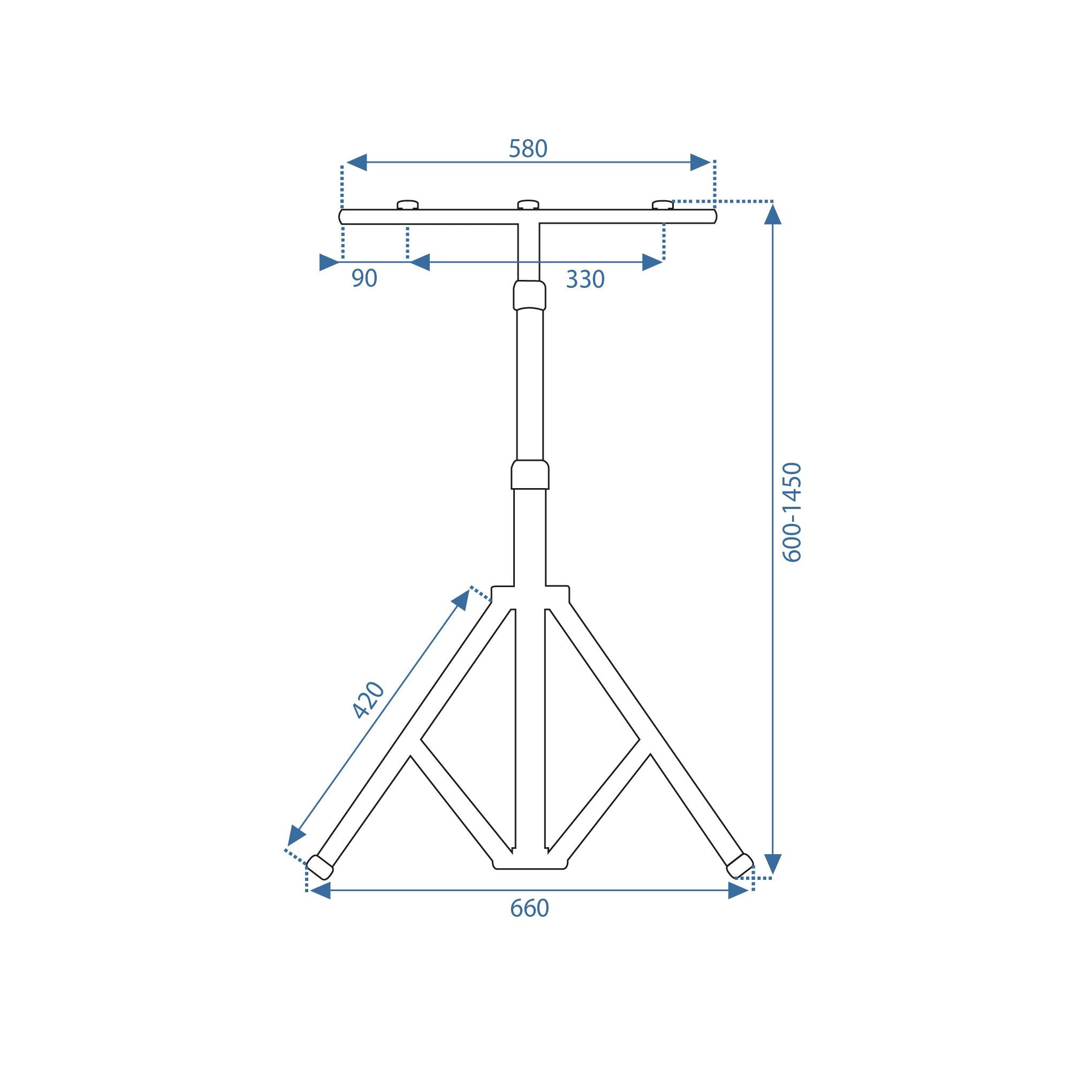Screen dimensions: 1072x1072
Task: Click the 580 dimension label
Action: tap(528, 149)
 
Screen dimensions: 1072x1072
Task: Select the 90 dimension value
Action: tap(364, 278)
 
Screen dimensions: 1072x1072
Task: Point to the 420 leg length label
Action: tap(368, 700)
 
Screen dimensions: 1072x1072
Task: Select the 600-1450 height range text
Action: tap(792, 513)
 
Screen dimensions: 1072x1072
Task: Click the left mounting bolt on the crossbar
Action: tap(407, 206)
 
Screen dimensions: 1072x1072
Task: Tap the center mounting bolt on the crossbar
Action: tap(528, 205)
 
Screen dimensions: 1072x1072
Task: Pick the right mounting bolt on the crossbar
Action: tap(663, 205)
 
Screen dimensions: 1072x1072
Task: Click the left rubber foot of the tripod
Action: tap(320, 866)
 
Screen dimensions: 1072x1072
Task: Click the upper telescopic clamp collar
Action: tap(529, 295)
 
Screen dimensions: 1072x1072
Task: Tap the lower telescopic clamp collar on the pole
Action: tap(530, 474)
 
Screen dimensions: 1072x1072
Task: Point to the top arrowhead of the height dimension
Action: tap(772, 214)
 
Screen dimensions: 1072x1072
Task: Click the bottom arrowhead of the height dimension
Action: tap(772, 863)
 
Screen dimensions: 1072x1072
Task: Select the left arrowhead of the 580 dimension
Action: tap(356, 163)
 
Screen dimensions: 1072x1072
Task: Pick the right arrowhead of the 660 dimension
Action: tap(738, 891)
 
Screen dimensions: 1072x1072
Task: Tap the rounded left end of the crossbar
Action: tap(342, 217)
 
